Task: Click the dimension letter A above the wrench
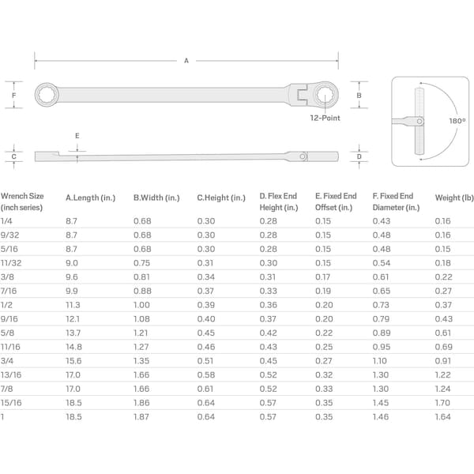pos(186,61)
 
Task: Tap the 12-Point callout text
pos(325,118)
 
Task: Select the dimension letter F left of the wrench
pos(13,96)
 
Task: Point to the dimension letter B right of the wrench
pos(359,96)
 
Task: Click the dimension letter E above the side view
pos(77,136)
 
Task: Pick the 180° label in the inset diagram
pos(457,121)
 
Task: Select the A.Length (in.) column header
pos(90,197)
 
